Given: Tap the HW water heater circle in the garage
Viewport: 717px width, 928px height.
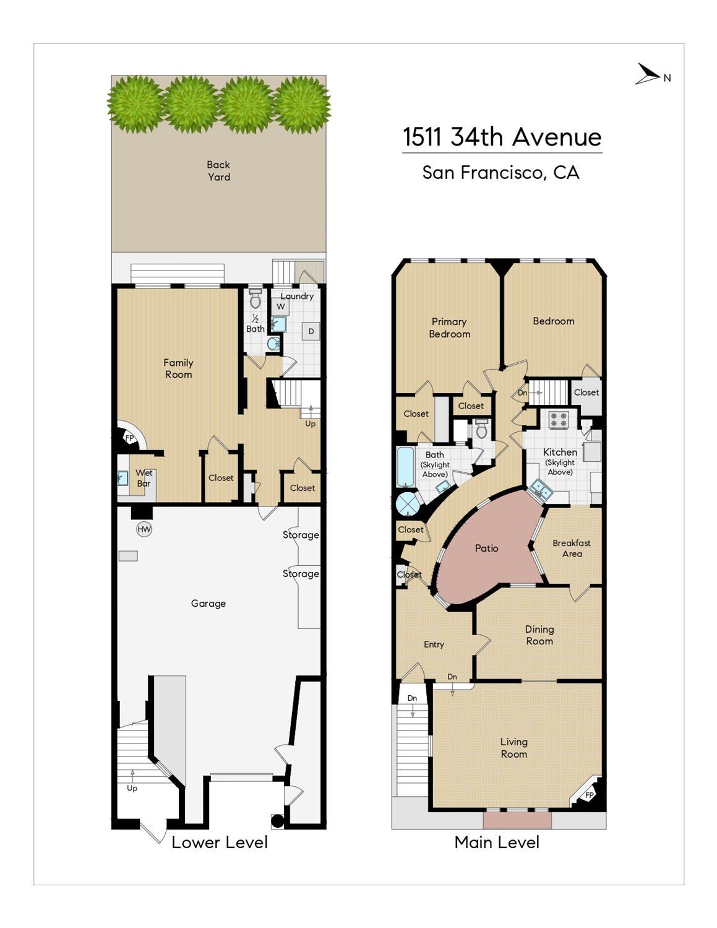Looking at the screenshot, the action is click(144, 529).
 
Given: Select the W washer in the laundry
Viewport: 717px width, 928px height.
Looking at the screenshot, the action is click(280, 306).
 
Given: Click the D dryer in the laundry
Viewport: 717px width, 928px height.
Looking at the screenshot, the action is click(311, 331).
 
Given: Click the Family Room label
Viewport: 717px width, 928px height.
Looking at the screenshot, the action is click(178, 368).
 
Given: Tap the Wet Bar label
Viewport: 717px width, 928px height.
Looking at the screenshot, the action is click(144, 479).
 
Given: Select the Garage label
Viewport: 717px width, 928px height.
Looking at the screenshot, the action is click(208, 604).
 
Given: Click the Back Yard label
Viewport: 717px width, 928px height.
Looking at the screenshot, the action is click(218, 171).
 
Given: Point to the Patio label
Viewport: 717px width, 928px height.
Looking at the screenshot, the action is click(486, 548).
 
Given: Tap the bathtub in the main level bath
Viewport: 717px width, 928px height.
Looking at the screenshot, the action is click(405, 467).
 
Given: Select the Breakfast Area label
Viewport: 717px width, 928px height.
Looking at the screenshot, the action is click(572, 549).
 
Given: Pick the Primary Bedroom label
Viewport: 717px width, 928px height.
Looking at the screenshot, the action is click(449, 327).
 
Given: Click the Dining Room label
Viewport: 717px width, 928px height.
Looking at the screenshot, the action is click(539, 635).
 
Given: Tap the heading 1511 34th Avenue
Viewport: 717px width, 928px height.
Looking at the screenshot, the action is click(502, 137).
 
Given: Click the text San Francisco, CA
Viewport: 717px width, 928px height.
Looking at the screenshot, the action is click(501, 173).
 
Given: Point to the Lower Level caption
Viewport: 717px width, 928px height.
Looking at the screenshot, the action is click(220, 843).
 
